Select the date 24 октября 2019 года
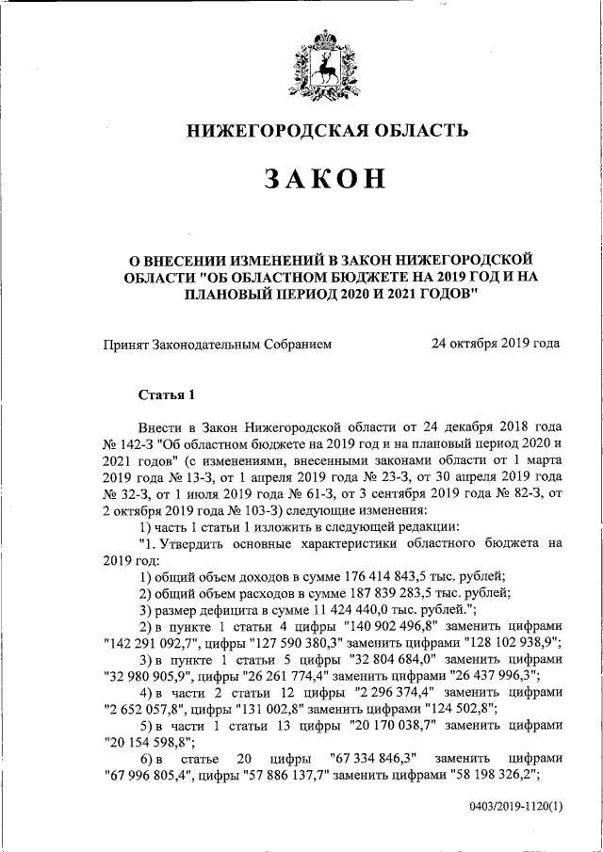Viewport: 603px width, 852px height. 496,344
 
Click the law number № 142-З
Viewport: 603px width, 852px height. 128,442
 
